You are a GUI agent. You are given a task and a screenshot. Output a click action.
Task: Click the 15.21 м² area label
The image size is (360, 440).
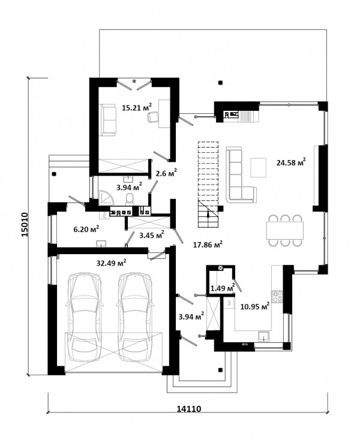point(137,107)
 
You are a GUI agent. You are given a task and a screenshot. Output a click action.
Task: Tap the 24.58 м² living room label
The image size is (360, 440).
point(291,162)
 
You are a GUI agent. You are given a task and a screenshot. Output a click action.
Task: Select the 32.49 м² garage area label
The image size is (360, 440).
point(111,263)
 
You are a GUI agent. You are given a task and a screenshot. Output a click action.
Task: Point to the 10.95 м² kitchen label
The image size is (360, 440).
point(255,306)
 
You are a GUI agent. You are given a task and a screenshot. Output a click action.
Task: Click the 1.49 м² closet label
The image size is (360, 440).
point(223,288)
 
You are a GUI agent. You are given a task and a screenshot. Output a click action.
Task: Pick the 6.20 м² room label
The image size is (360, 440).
point(86,229)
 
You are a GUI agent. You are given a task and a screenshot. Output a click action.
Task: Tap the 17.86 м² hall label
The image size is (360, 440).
point(208,245)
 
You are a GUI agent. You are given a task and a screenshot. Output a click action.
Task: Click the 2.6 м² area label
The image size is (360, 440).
point(166,173)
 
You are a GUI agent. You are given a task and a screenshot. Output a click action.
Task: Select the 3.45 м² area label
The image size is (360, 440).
point(152,235)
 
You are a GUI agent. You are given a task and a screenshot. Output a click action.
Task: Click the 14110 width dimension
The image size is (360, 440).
point(189,409)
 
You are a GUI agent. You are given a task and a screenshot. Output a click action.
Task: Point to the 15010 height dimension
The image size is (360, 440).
point(25,224)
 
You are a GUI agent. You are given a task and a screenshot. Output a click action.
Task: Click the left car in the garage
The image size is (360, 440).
point(85,317)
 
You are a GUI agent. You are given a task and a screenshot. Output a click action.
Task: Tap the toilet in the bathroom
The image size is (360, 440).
point(130,198)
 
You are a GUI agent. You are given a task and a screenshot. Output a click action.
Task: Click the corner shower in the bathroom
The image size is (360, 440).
point(106,197)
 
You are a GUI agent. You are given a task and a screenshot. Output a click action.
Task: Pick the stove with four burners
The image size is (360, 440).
point(277,297)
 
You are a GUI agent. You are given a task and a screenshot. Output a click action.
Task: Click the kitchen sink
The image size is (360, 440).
point(264,336)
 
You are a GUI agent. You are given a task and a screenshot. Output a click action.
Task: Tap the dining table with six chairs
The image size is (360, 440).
point(285,230)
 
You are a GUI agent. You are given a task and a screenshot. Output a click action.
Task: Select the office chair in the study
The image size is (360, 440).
point(153,116)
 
